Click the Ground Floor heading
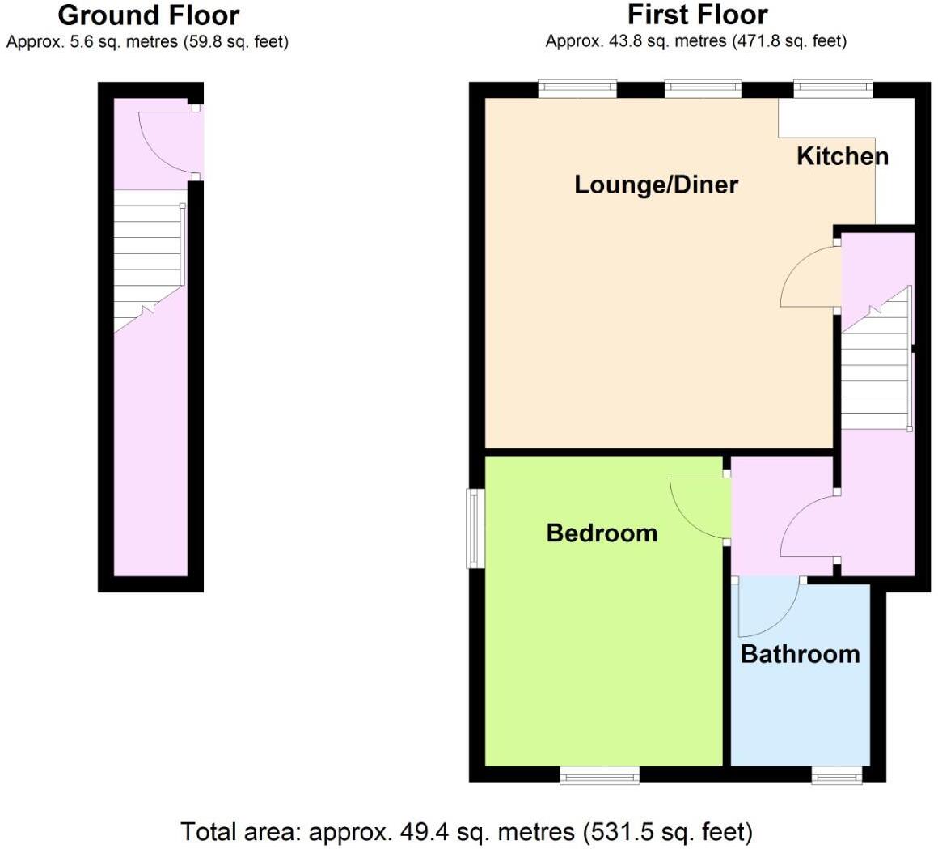tap(148, 15)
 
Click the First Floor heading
tap(697, 15)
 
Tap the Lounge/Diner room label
tap(656, 185)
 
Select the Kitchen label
tap(842, 156)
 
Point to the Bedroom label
tap(602, 533)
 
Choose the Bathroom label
tap(800, 654)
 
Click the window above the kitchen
tap(832, 88)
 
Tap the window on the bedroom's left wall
tap(475, 529)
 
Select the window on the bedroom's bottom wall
tap(600, 775)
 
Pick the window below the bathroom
tap(837, 775)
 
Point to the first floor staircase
tap(877, 364)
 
